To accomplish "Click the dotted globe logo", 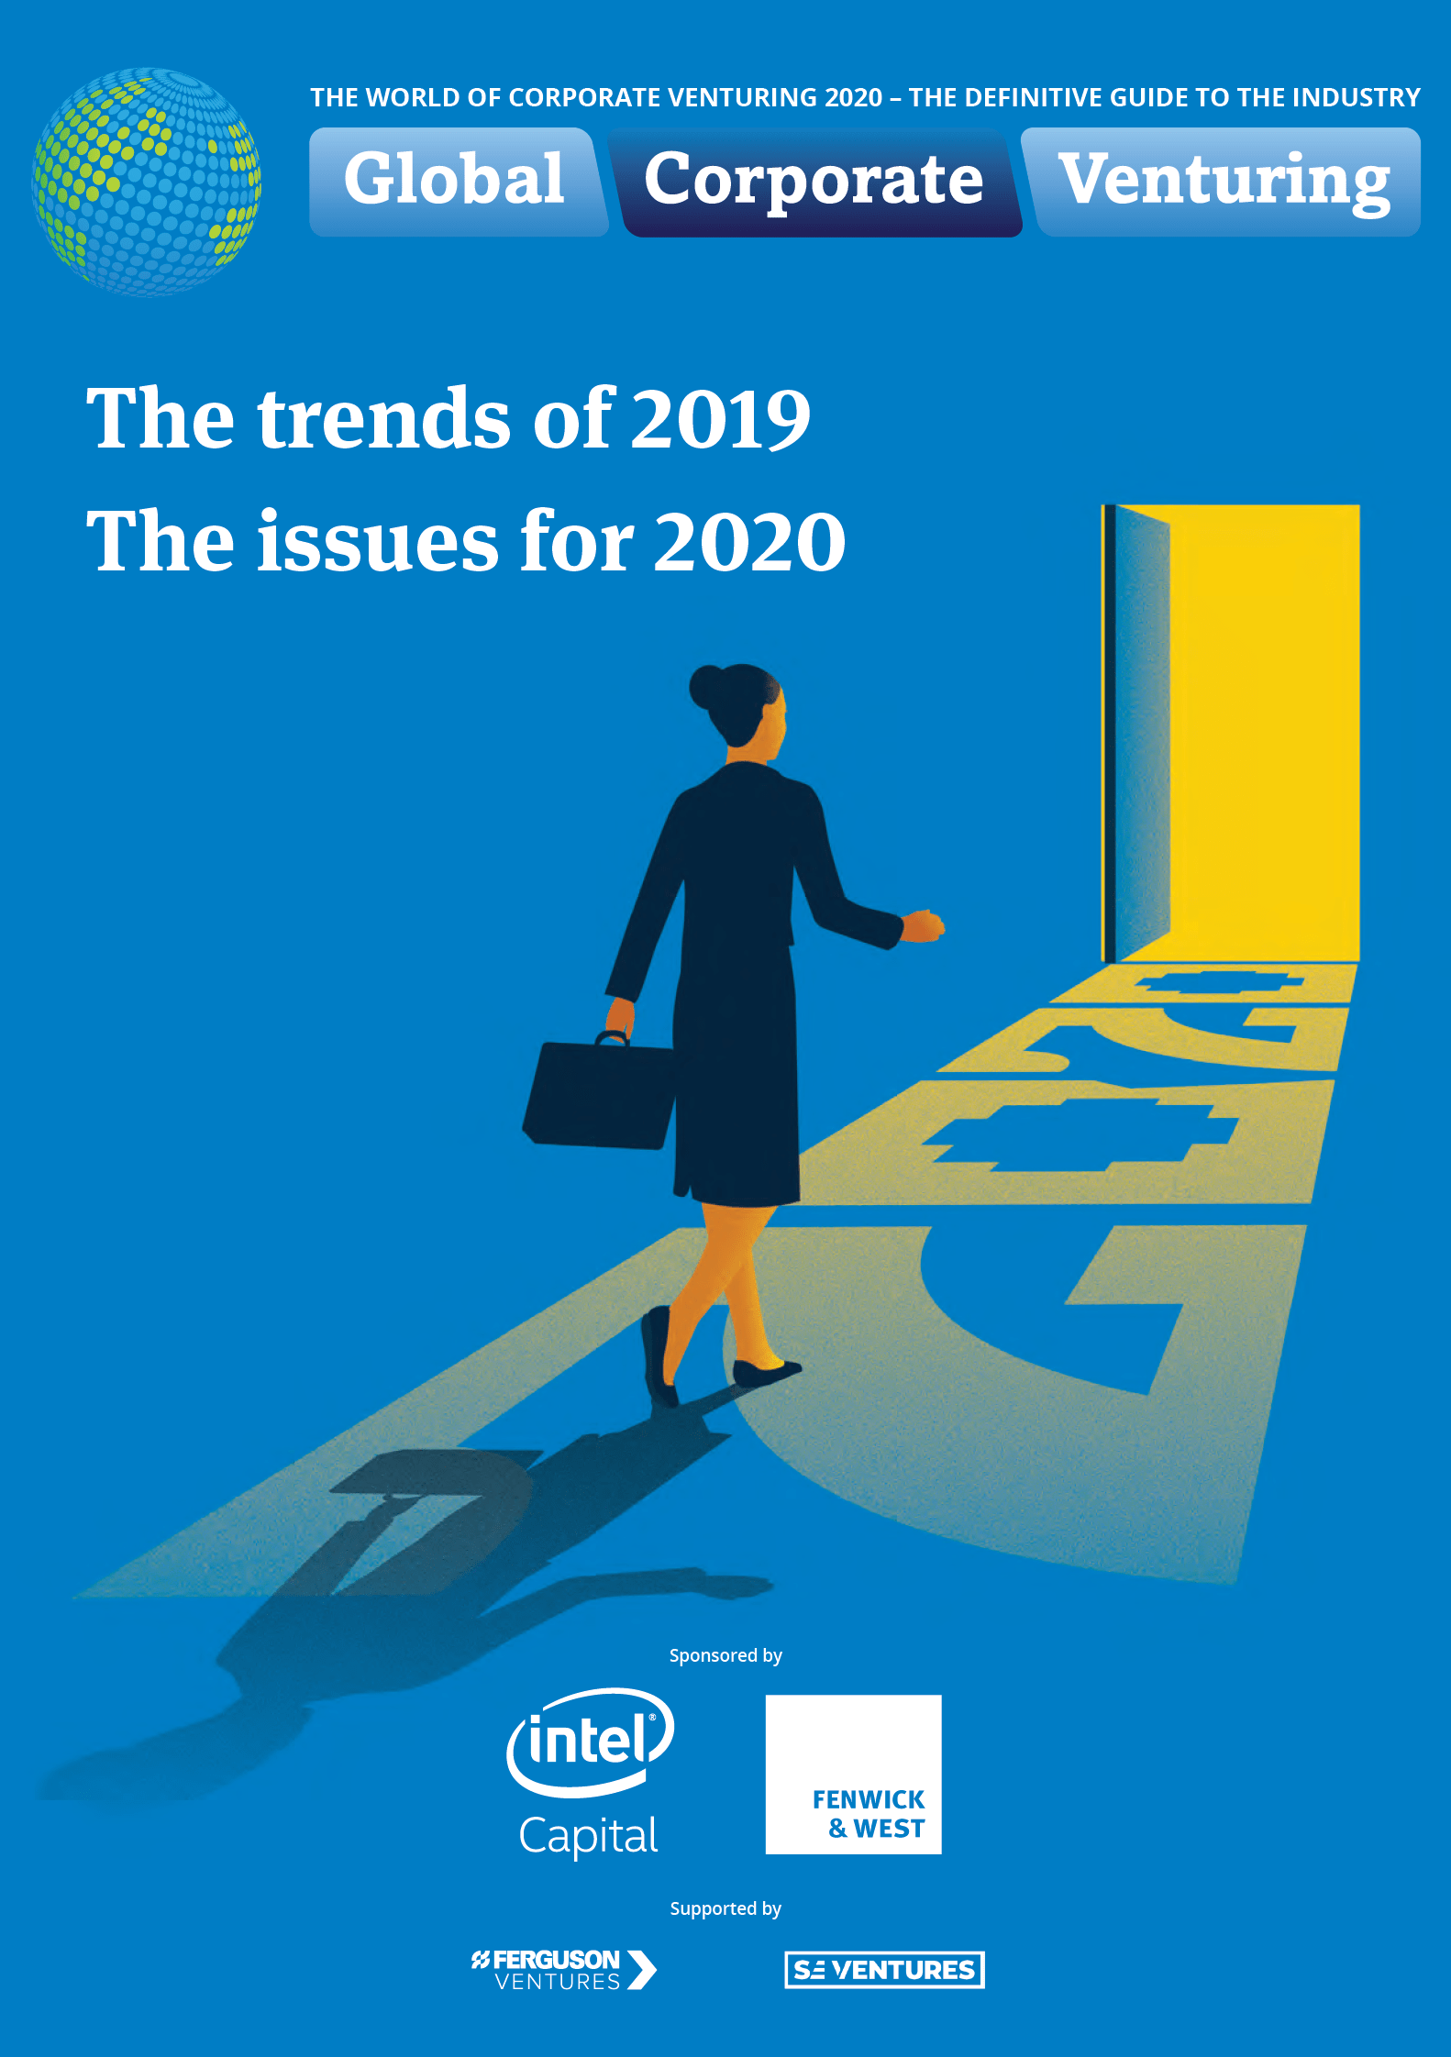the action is coord(147,181).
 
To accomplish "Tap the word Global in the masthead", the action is coord(454,179).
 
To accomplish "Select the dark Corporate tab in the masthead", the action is coord(814,182).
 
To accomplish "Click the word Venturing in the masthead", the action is coord(1224,182).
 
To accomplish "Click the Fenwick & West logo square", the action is coord(854,1775).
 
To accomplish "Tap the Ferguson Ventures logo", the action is coord(564,1970).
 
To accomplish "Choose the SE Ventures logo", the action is coord(884,1970).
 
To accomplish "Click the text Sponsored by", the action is coord(725,1656).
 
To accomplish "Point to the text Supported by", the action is coord(725,1909).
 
